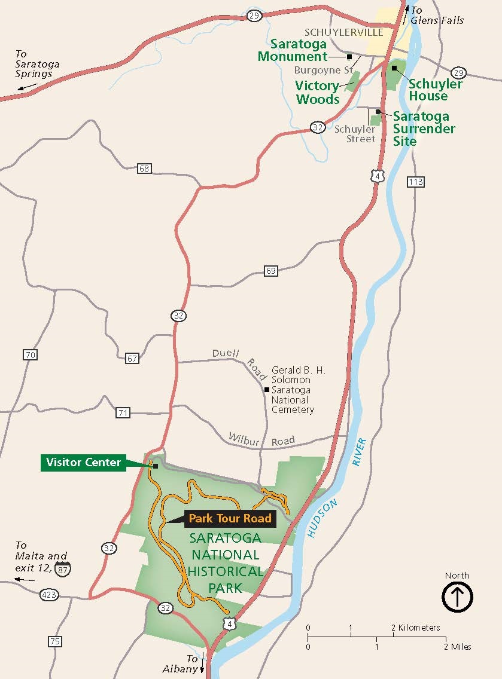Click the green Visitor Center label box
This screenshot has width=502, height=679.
click(83, 462)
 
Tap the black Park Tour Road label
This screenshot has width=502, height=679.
click(230, 518)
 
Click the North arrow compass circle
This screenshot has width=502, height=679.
click(457, 597)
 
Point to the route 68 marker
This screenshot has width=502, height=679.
click(144, 169)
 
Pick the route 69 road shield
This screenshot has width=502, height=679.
click(271, 271)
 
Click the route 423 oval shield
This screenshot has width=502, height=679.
click(48, 595)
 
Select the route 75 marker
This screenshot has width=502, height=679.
click(54, 641)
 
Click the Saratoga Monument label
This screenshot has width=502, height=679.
click(293, 50)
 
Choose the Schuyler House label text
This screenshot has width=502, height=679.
click(436, 90)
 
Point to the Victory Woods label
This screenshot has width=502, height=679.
click(317, 93)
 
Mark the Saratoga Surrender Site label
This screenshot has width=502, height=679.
click(424, 129)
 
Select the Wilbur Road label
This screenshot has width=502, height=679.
click(261, 440)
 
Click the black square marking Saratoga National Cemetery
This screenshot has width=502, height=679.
click(266, 390)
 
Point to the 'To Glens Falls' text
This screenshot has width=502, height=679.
click(437, 16)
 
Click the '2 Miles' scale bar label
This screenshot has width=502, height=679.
click(458, 647)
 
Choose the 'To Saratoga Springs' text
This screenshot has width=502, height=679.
click(34, 64)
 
